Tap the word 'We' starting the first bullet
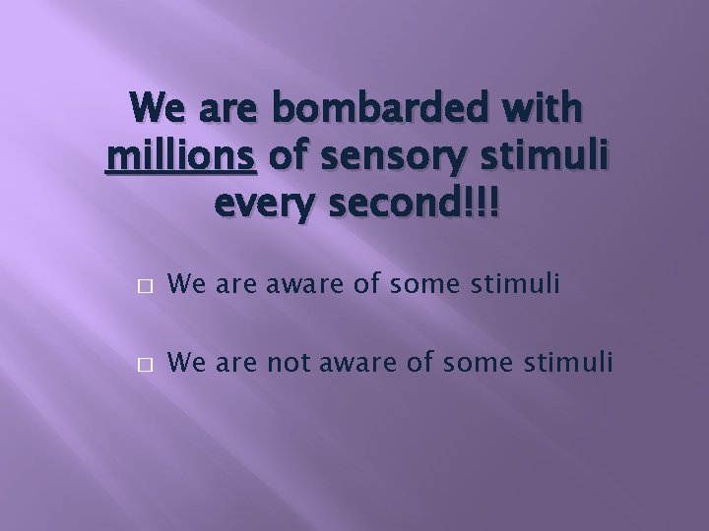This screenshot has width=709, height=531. point(184,285)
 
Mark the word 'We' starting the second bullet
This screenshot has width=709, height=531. point(184,364)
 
